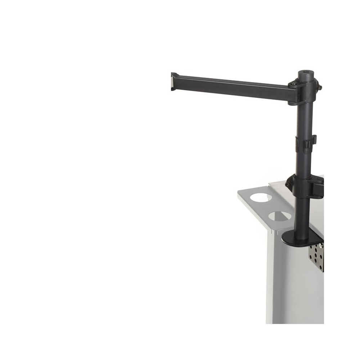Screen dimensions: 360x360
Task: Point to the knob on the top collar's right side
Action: pos(319,87)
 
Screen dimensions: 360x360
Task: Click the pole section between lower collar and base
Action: pos(302,216)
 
